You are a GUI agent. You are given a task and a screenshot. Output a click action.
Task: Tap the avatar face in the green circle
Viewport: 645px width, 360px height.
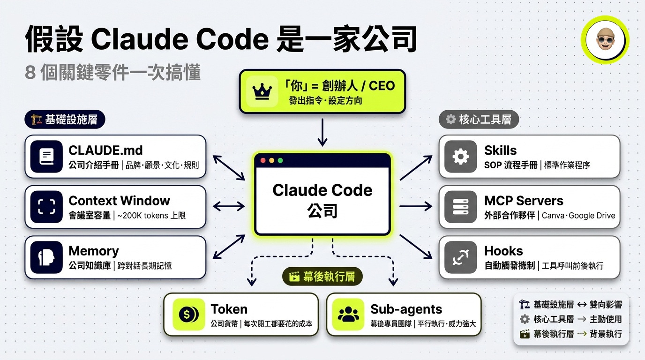click(605, 39)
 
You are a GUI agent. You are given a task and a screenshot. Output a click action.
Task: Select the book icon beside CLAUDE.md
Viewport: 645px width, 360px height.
click(46, 157)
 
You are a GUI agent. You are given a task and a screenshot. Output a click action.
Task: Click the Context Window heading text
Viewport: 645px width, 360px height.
click(119, 201)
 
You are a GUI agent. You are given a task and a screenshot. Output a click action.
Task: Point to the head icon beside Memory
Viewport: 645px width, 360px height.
click(46, 257)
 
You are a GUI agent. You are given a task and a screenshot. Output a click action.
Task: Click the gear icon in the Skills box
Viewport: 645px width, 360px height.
click(460, 157)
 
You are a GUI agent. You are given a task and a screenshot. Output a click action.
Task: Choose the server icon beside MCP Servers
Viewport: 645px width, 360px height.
click(460, 207)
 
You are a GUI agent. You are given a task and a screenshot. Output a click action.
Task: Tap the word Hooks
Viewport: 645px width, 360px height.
click(503, 251)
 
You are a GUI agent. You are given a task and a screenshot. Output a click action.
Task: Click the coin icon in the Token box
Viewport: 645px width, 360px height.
click(189, 315)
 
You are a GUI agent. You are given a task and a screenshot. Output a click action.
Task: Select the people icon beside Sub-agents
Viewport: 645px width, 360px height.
click(348, 315)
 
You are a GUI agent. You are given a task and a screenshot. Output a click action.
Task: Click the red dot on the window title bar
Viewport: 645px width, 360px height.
click(263, 160)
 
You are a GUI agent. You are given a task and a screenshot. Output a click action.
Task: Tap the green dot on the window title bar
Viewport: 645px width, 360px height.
click(280, 160)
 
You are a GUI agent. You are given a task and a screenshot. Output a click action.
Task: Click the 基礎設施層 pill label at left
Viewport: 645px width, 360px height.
click(65, 120)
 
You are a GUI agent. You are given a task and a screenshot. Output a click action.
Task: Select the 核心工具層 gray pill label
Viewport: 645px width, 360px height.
click(479, 120)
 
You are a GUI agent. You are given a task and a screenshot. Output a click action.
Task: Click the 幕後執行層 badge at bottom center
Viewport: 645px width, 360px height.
click(323, 277)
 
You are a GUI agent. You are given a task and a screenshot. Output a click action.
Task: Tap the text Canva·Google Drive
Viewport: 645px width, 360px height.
click(578, 216)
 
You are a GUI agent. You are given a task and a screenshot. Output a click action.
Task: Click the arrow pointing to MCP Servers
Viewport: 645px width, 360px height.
click(416, 206)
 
